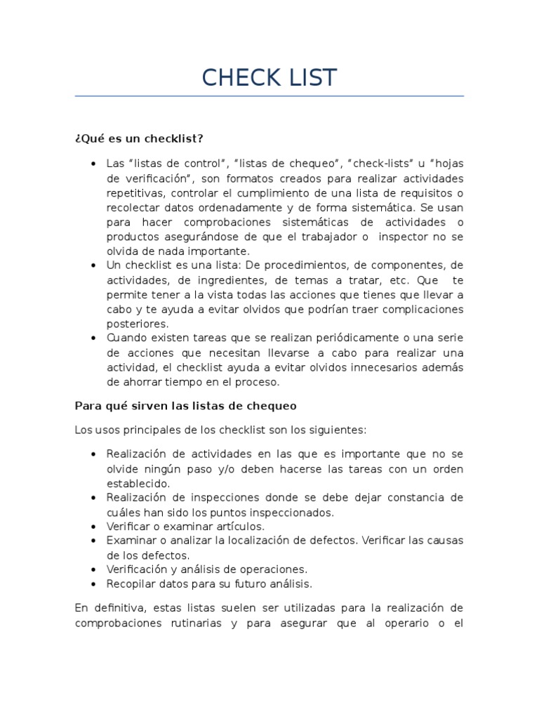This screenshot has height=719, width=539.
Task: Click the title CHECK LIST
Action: click(x=269, y=77)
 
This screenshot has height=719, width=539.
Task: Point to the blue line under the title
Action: click(x=269, y=96)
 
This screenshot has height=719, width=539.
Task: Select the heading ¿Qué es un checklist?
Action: click(x=138, y=137)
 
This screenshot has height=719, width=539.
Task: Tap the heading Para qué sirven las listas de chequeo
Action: click(x=185, y=406)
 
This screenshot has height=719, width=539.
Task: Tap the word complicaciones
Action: click(x=421, y=309)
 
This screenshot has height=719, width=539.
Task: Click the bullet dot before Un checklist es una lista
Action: click(x=93, y=265)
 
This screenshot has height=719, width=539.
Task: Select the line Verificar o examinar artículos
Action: click(x=185, y=526)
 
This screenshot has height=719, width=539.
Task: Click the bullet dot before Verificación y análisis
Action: click(x=93, y=569)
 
